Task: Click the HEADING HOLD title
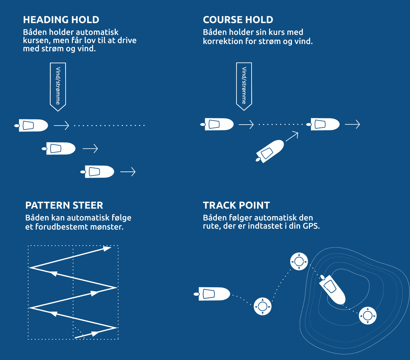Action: coord(61,20)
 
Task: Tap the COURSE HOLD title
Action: coord(238,20)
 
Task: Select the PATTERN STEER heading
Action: coord(64,206)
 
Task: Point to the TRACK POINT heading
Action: coord(236,206)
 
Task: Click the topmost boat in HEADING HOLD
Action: coord(33,125)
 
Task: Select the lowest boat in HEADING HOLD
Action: coord(99,171)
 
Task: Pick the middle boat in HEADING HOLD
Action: coord(60,149)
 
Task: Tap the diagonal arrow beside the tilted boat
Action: coord(292,136)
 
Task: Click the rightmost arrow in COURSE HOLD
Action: coord(353,124)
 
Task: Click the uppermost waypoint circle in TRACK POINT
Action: coord(299,261)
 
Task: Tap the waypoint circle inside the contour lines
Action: coord(367,316)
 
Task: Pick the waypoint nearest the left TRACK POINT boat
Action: coord(262,306)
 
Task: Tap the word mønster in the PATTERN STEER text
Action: coord(107,227)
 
